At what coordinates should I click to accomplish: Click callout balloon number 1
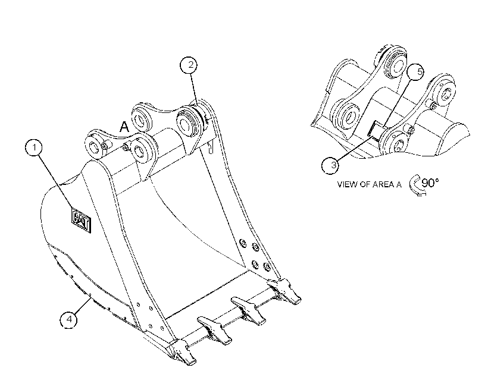tap(35, 147)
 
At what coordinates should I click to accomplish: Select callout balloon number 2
tap(189, 65)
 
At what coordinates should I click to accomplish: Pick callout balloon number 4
tap(69, 319)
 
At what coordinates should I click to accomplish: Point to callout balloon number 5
tap(417, 72)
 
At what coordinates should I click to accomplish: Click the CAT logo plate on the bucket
tap(81, 220)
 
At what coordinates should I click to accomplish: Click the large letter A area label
tap(124, 127)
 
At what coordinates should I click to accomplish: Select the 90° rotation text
tap(430, 183)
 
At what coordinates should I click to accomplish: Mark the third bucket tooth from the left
tap(248, 311)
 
